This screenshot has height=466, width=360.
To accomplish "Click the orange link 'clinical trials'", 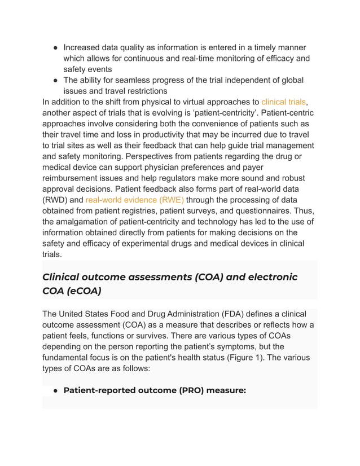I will tap(283, 102).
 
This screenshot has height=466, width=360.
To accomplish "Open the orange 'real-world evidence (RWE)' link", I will tap(134, 200).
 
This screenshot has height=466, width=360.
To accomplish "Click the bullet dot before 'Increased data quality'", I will tap(55, 47).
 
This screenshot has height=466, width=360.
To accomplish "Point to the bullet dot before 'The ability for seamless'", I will tap(55, 80).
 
